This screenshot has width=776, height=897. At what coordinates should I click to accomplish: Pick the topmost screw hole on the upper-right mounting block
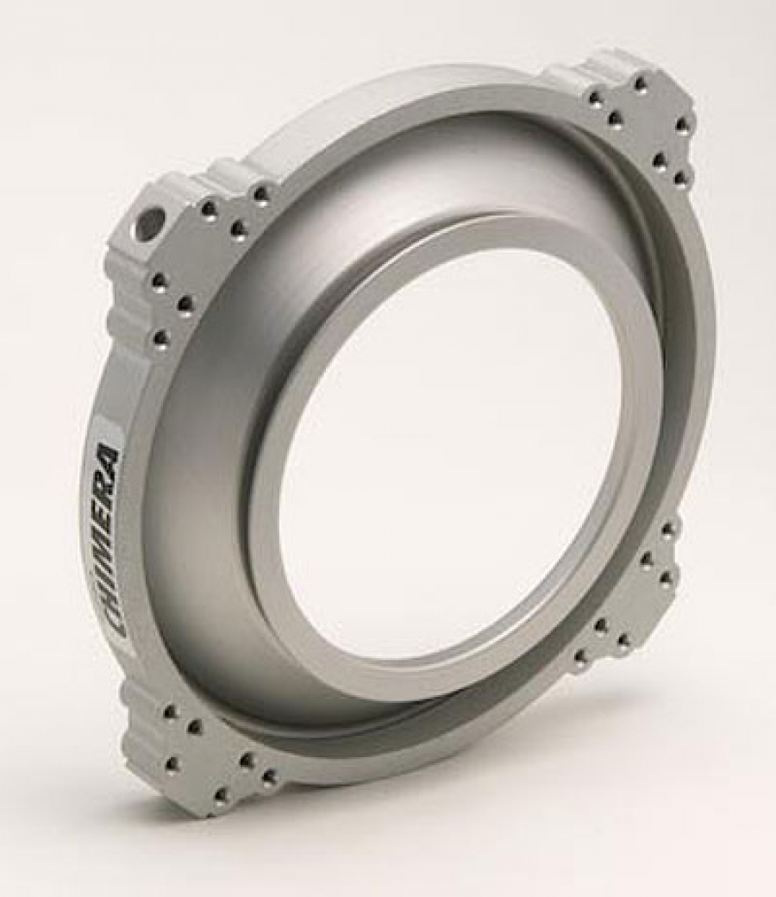pos(639,84)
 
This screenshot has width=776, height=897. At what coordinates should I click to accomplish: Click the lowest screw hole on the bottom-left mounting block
pos(222,793)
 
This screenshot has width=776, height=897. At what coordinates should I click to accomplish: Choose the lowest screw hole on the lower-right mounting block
pos(581,657)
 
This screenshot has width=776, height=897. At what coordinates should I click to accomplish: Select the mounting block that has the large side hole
pos(164,259)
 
